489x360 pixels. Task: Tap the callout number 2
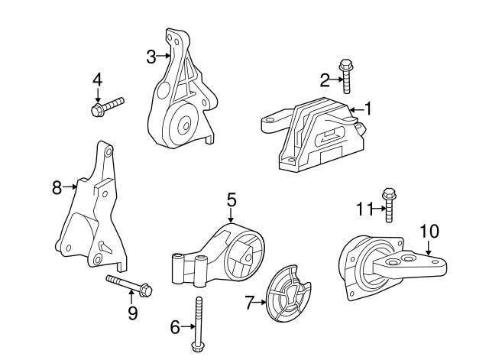325,78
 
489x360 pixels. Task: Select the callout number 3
151,55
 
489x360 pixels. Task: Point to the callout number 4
97,79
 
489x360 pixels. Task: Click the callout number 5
231,200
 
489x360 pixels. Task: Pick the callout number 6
174,327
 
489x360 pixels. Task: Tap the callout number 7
249,303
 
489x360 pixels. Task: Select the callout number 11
363,206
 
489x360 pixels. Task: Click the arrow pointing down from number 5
231,216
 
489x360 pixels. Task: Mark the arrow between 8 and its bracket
71,185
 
